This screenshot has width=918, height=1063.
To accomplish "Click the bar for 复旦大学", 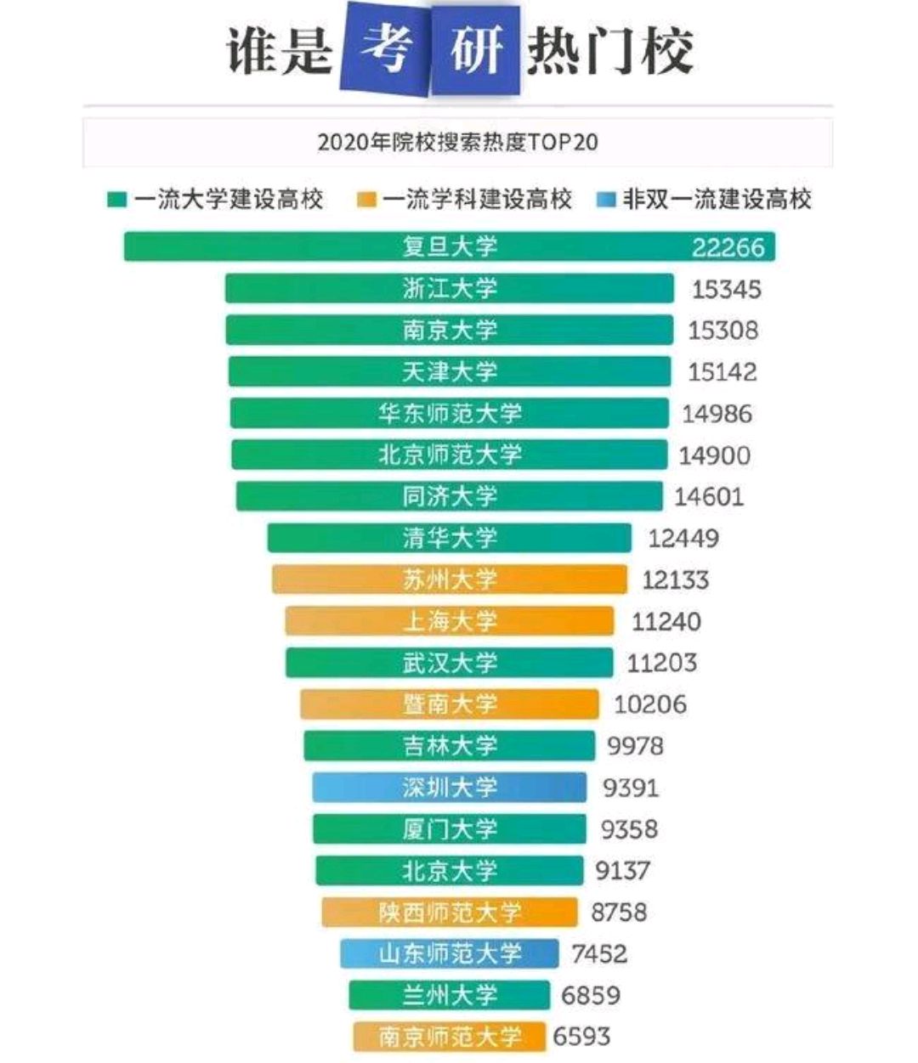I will pos(450,246).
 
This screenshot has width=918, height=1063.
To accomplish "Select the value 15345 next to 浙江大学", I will pos(726,289).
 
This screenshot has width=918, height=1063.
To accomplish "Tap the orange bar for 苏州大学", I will pos(450,580).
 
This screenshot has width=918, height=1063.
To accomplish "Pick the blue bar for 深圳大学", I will pos(449,788).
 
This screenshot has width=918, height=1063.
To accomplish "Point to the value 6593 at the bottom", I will pos(581,1037).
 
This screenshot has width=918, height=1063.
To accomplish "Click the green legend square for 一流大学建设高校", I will pos(117,201).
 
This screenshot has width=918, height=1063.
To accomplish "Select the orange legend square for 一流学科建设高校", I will pos(366,201).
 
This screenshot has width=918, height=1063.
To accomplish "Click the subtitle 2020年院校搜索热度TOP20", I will pos(457,142).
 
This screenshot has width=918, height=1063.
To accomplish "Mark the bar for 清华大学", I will pos(450,538).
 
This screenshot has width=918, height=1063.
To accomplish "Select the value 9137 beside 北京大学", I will pos(622,871).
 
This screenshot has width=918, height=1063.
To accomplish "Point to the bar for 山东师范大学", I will pos(450,953).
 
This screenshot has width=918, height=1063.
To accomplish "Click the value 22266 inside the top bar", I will pos(728,247).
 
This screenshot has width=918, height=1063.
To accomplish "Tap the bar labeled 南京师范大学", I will pos(450,1037).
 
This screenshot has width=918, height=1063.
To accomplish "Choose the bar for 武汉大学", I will pos(450,663).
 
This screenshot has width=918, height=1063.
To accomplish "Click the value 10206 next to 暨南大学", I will pos(650,704).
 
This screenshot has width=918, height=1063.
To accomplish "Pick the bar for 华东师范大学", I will pos(450,413).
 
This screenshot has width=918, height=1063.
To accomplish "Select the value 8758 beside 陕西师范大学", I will pos(619,913).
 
